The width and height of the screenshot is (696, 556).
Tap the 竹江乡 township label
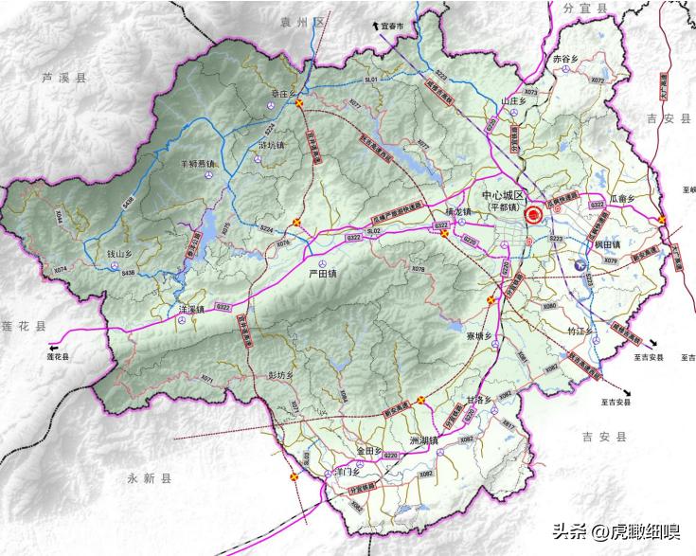click(579, 332)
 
